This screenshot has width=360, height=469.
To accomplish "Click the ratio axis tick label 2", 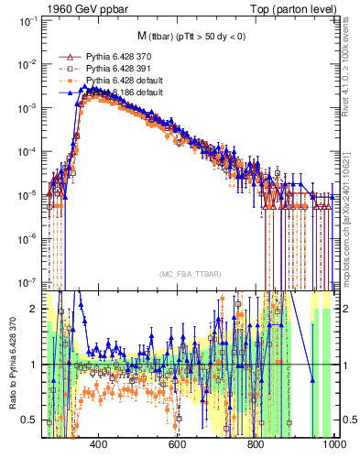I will click(x=34, y=309).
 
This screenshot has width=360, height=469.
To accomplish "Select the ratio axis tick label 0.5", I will click(x=30, y=420).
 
